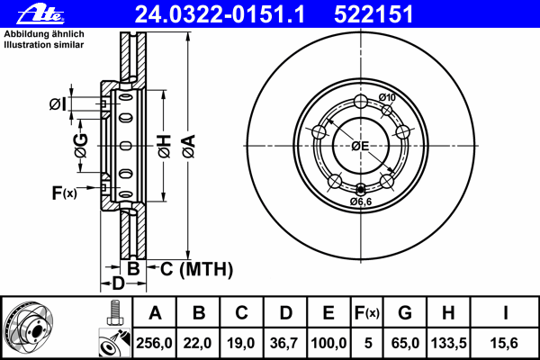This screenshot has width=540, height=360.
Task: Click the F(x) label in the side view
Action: tap(64, 193)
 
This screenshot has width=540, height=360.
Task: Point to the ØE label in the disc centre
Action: tap(360, 146)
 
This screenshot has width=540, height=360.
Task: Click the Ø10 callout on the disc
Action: tap(387, 98)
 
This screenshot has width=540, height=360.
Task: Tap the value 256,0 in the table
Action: tap(155, 342)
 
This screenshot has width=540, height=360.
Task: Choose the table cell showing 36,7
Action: tap(285, 342)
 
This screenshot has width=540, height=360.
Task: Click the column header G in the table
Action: tap(405, 313)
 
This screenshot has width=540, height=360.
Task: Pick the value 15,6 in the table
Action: tap(507, 342)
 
